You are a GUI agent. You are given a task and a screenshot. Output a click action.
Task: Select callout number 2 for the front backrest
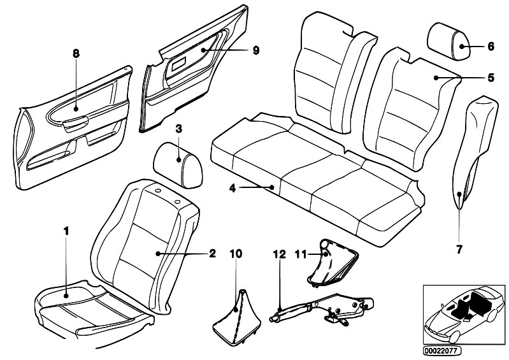click(x=212, y=254)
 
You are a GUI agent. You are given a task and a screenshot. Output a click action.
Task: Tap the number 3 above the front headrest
click(x=179, y=129)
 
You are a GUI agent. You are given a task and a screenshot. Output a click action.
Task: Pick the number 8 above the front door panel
click(x=76, y=54)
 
